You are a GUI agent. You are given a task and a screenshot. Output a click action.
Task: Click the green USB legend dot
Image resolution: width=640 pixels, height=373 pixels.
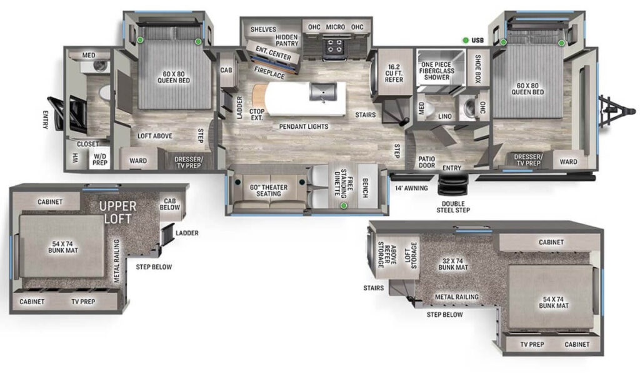point(466,41)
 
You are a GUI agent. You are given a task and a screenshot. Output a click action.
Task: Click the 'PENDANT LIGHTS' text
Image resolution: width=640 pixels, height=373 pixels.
point(304,126)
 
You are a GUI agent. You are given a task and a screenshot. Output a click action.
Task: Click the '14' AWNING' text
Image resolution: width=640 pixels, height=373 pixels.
point(411,188)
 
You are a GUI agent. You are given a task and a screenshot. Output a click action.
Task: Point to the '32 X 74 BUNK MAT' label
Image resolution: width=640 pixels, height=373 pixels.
point(454,263)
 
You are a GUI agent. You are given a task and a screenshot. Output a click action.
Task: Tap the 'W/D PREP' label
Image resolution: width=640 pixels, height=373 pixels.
point(100,159)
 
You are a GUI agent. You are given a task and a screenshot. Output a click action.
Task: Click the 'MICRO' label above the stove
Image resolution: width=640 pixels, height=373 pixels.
point(336,28)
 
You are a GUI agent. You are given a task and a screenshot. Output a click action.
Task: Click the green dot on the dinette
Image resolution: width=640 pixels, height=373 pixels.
point(343,205)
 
